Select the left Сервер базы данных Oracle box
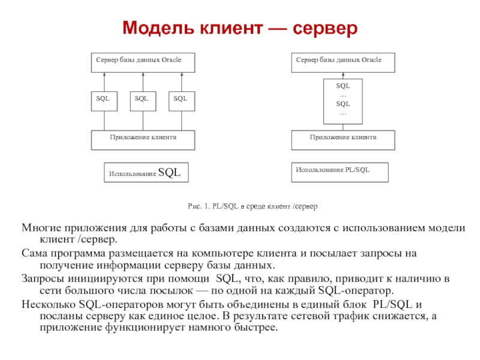(x=143, y=63)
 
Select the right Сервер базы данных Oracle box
(x=343, y=63)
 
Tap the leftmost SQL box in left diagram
(x=104, y=101)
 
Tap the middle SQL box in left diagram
(x=143, y=101)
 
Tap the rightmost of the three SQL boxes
(x=181, y=101)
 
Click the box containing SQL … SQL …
(x=343, y=100)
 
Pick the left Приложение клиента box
(x=143, y=140)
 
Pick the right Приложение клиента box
(x=343, y=140)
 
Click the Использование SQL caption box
(x=146, y=173)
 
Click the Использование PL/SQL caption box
(x=340, y=172)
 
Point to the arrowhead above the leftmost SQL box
(x=104, y=75)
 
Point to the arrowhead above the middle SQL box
(x=143, y=75)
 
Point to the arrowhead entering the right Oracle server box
(x=343, y=75)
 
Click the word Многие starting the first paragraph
(x=41, y=229)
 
